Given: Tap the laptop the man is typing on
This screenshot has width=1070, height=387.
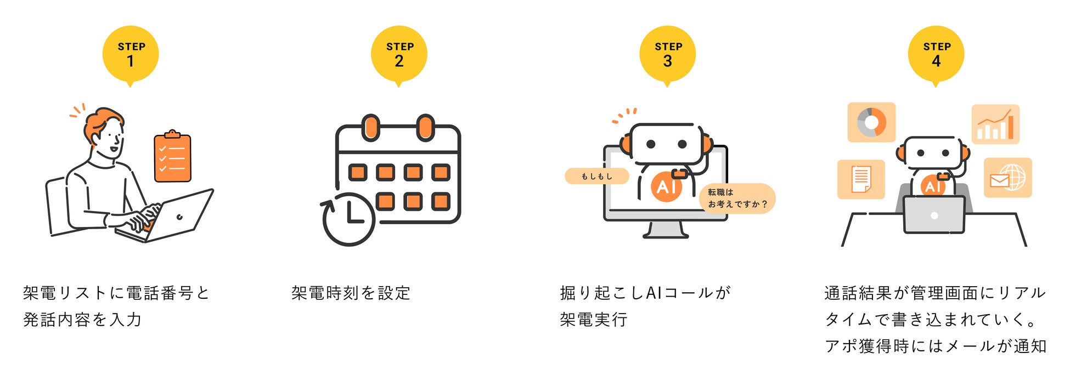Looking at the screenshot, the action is pos(176,217).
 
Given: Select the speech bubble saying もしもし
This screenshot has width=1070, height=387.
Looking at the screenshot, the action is pos(596,176).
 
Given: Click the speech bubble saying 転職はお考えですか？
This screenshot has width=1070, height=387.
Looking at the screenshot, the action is pos(737,198).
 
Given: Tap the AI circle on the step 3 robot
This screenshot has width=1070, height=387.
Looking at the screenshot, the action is pos(666,186).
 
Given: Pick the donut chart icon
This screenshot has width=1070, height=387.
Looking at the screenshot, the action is pos(871,122).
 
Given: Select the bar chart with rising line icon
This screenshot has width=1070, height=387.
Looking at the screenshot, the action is pos(995,124).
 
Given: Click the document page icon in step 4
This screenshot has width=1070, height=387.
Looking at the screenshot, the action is pos(861,179).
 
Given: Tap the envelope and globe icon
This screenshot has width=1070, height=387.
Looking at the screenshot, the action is pos(1007,178).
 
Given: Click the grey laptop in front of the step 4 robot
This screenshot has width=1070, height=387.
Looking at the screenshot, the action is pos(933,215).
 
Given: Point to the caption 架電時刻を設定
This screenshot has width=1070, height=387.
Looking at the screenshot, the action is pos(351,293).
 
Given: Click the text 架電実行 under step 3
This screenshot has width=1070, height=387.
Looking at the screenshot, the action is pos(593,320).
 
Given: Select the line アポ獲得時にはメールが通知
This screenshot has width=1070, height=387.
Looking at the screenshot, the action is pos(936,346).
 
